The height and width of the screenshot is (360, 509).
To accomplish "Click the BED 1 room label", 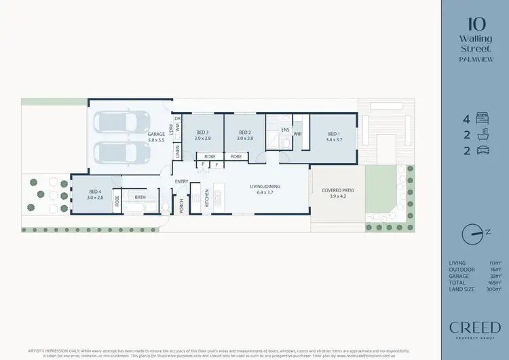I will pyautogui.click(x=332, y=133).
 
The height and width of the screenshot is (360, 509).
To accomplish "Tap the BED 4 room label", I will pyautogui.click(x=96, y=192).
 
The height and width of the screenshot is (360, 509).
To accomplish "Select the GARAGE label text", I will pyautogui.click(x=156, y=134).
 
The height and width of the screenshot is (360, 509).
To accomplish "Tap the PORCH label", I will pyautogui.click(x=182, y=205).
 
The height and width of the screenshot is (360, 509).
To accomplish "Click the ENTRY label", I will pyautogui.click(x=181, y=181).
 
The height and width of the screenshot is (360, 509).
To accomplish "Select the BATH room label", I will pyautogui.click(x=140, y=198).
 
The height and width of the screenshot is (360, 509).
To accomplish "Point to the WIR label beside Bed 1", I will pyautogui.click(x=297, y=134).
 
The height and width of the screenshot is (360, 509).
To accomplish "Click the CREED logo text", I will pyautogui.click(x=475, y=327).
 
